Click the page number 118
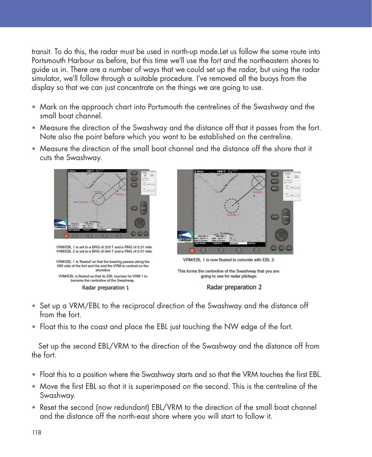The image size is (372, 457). pos(36,432)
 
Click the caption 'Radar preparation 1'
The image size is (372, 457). pos(106,288)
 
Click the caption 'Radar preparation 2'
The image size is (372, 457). pos(234,287)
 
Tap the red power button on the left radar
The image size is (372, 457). pos(66,236)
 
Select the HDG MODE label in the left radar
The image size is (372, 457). pos(74,230)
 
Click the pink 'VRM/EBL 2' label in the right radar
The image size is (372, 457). pos(232,214)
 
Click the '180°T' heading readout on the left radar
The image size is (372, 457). pos(91,171)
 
